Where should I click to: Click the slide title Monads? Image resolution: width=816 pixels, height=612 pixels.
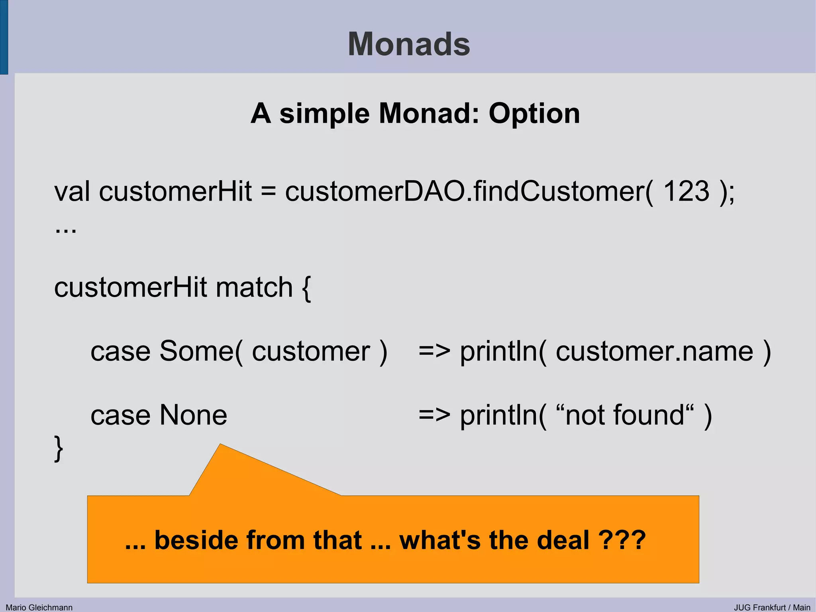(x=409, y=44)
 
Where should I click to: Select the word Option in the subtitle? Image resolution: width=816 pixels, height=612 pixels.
(x=534, y=114)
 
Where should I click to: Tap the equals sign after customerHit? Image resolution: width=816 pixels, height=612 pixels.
(x=269, y=192)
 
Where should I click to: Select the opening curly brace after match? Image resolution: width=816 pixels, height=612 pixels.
(x=306, y=288)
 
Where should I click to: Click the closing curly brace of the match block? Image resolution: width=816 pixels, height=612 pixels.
(x=59, y=449)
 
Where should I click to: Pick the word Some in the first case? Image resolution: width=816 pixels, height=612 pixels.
(x=197, y=351)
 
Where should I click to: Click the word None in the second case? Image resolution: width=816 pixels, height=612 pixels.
(x=193, y=415)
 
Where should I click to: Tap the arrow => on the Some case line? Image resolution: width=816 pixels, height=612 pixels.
(x=434, y=351)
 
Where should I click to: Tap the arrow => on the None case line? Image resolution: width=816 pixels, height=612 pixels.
(x=434, y=415)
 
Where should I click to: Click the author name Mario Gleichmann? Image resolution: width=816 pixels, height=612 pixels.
(x=39, y=607)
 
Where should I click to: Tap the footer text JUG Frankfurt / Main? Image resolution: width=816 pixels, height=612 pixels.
(x=772, y=607)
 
